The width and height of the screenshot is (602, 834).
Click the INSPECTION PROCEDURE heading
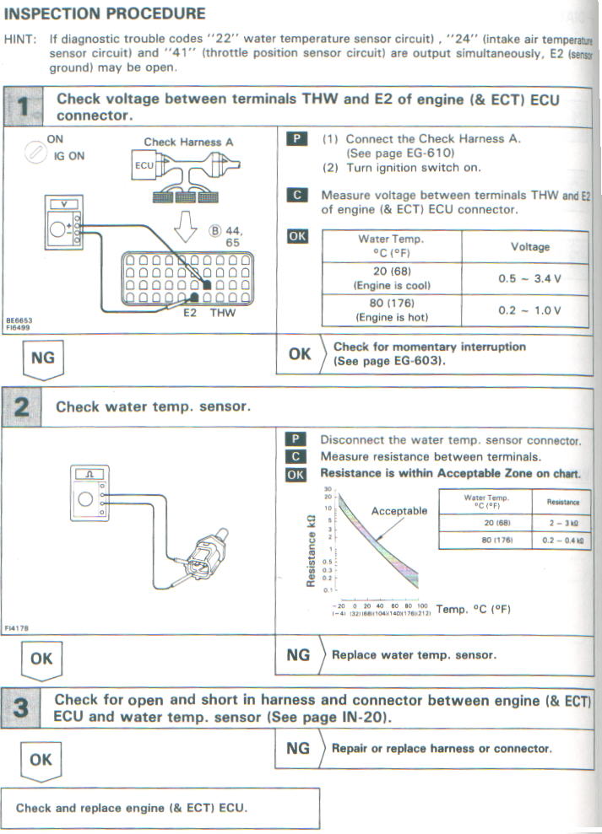point(105,13)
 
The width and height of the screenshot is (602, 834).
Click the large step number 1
point(24,107)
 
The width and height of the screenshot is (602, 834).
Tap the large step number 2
point(24,406)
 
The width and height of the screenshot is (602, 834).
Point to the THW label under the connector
point(223,313)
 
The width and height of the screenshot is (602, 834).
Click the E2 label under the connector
point(193,313)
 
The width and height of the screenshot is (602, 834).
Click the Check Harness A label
point(188,143)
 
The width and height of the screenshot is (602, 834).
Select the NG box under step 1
point(42,358)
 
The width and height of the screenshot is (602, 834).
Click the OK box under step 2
point(41,659)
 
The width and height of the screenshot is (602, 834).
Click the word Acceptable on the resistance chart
point(399,510)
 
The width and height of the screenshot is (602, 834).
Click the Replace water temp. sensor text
point(414,654)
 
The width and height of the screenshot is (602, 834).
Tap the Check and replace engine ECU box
point(160,808)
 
